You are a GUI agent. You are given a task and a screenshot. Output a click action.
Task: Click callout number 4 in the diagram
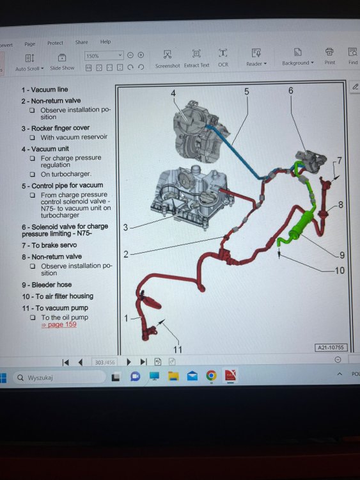(173, 93)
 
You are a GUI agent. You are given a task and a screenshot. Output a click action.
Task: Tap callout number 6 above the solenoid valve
(290, 91)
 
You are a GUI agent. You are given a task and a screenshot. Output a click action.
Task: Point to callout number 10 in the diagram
(340, 270)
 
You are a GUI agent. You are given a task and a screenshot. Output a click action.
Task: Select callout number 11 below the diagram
(178, 349)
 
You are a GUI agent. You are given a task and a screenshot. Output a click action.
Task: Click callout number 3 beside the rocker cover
(125, 227)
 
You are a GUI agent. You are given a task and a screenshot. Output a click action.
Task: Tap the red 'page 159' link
(59, 324)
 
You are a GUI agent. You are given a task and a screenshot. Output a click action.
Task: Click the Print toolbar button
(329, 56)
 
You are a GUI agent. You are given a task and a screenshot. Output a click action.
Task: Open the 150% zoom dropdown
(104, 56)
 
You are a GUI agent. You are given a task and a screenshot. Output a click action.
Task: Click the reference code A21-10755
(331, 348)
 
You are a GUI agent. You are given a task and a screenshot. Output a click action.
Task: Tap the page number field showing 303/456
(105, 362)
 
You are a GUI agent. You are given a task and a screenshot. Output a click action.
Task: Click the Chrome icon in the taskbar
(211, 375)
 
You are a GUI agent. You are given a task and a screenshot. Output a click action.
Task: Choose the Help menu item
(106, 42)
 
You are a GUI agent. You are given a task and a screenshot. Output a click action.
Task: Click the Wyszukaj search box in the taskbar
(59, 378)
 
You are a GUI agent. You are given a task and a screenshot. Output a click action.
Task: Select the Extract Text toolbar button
(196, 59)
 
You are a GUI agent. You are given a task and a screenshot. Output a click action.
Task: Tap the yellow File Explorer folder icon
(173, 376)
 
